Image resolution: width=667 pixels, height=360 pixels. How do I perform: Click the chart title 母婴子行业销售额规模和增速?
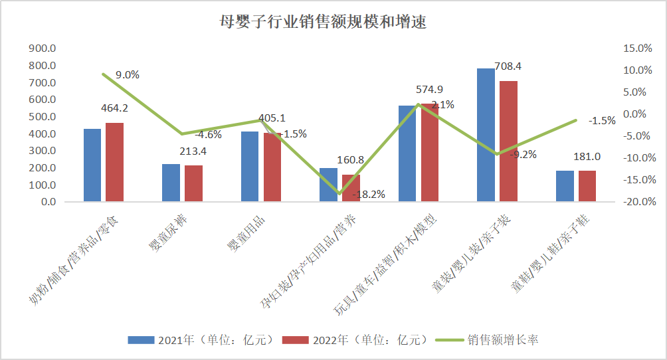(x=323, y=22)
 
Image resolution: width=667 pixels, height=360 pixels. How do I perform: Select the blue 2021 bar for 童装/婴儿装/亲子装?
(x=486, y=134)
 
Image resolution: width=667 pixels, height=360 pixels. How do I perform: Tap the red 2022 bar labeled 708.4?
(x=508, y=141)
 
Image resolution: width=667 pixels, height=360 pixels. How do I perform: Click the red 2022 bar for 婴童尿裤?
(x=193, y=183)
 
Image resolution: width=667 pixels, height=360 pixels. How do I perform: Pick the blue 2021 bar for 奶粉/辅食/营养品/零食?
(x=92, y=165)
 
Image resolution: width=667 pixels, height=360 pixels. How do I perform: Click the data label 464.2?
(x=115, y=108)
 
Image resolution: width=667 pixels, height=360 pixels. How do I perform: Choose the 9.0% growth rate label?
(x=128, y=75)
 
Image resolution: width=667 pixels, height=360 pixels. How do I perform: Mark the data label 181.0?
(x=587, y=157)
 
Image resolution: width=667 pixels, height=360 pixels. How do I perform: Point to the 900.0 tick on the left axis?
(x=43, y=48)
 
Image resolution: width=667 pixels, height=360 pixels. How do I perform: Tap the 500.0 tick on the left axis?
(x=43, y=117)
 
